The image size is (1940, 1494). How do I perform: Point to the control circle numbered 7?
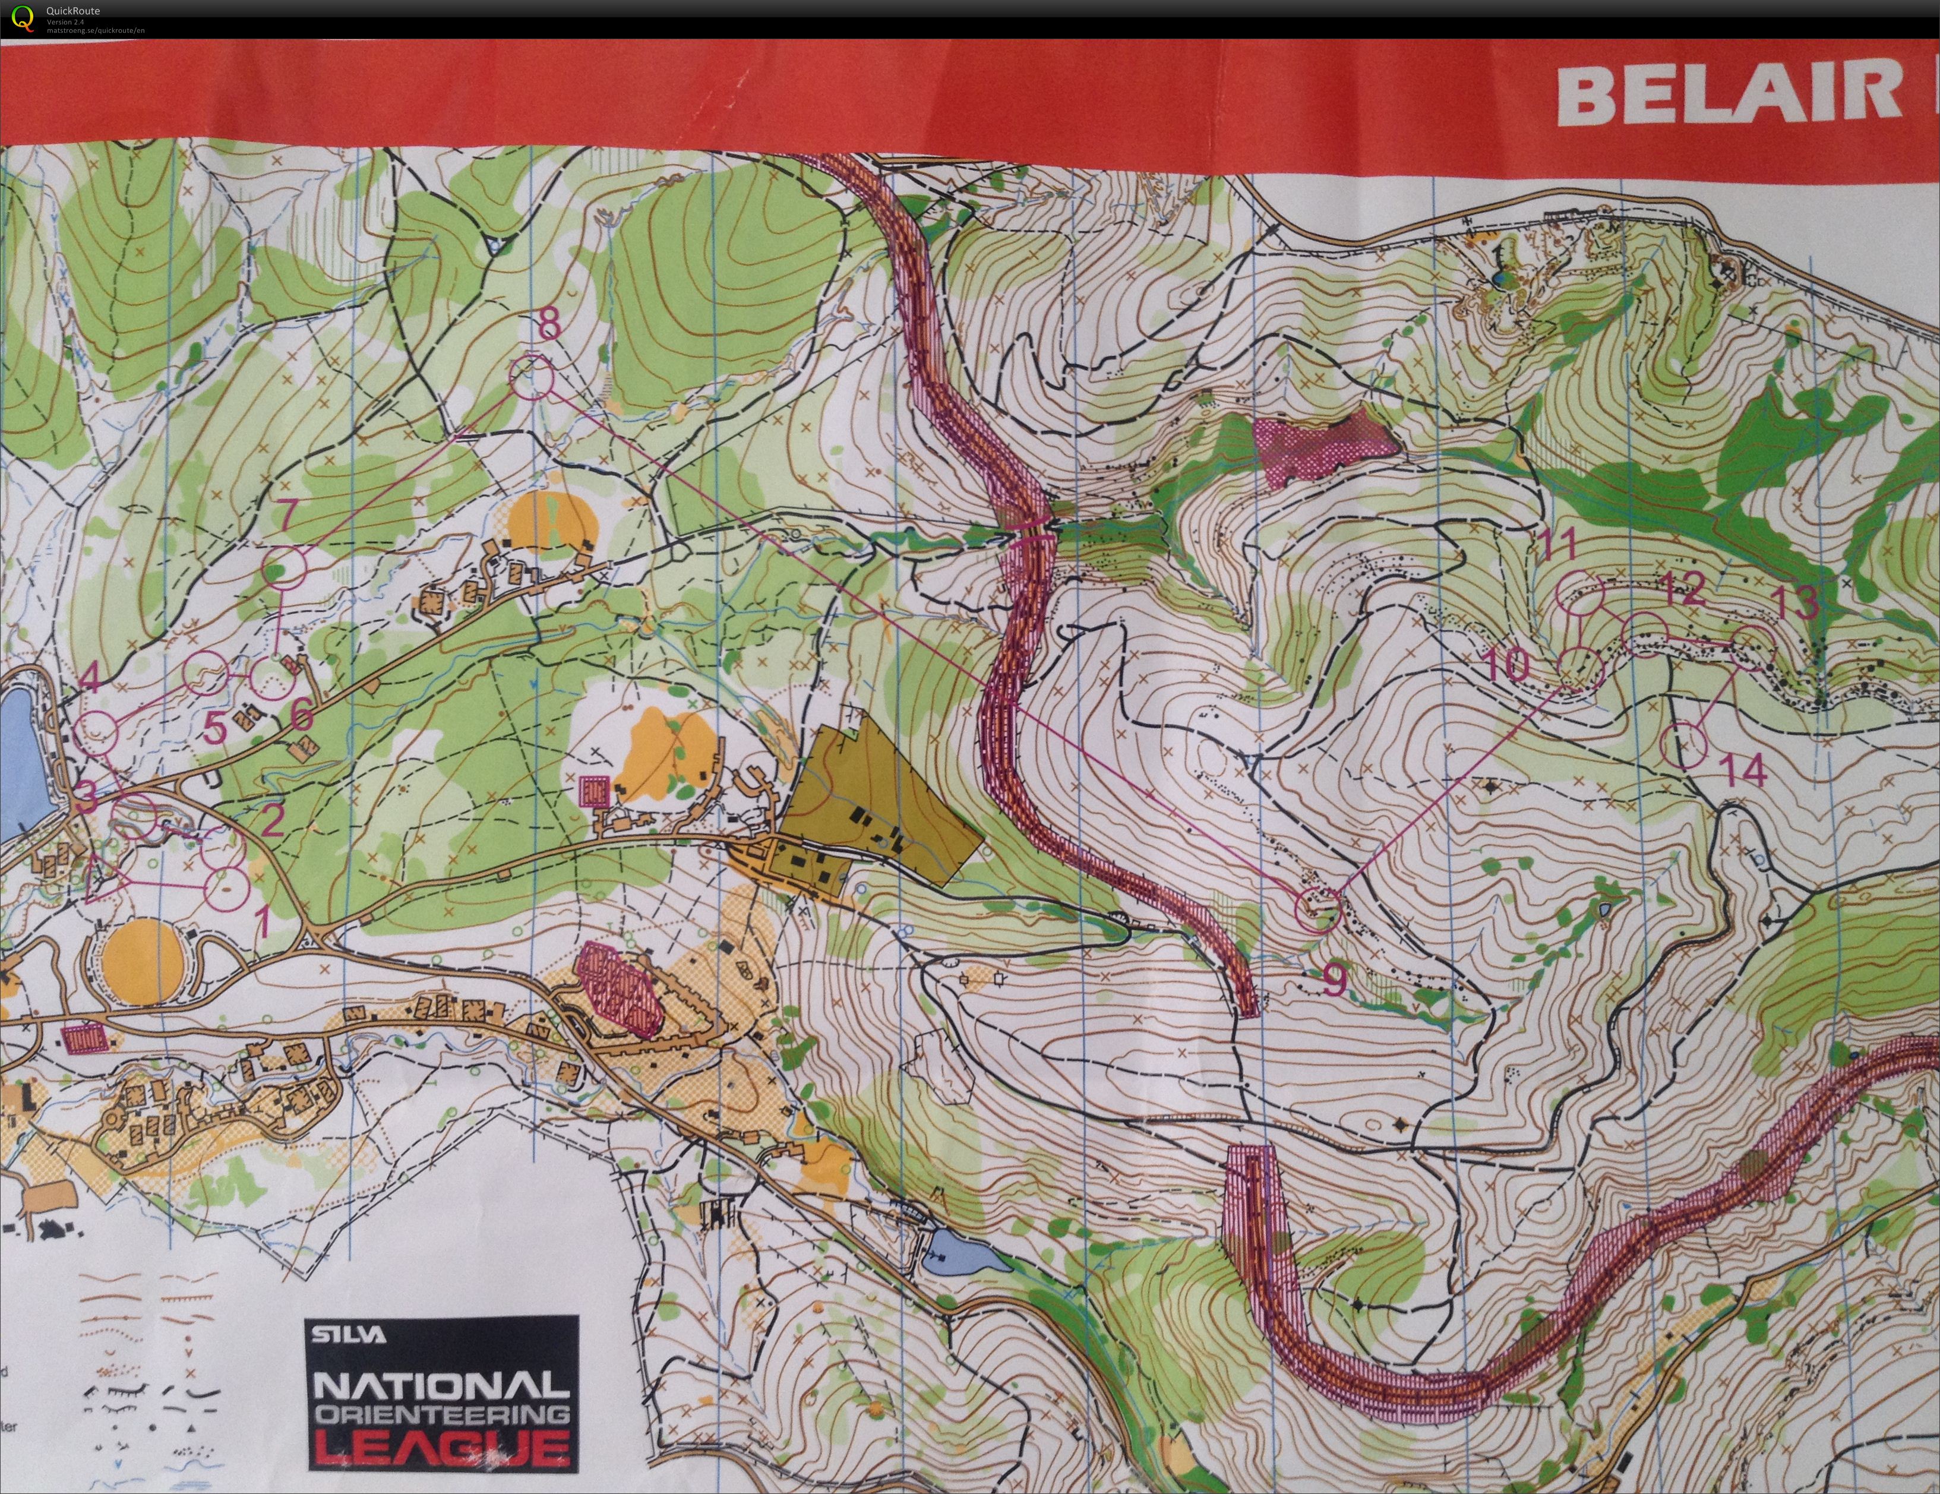point(285,567)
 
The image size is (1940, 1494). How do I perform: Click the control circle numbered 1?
point(226,886)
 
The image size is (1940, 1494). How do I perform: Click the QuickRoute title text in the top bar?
point(73,11)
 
